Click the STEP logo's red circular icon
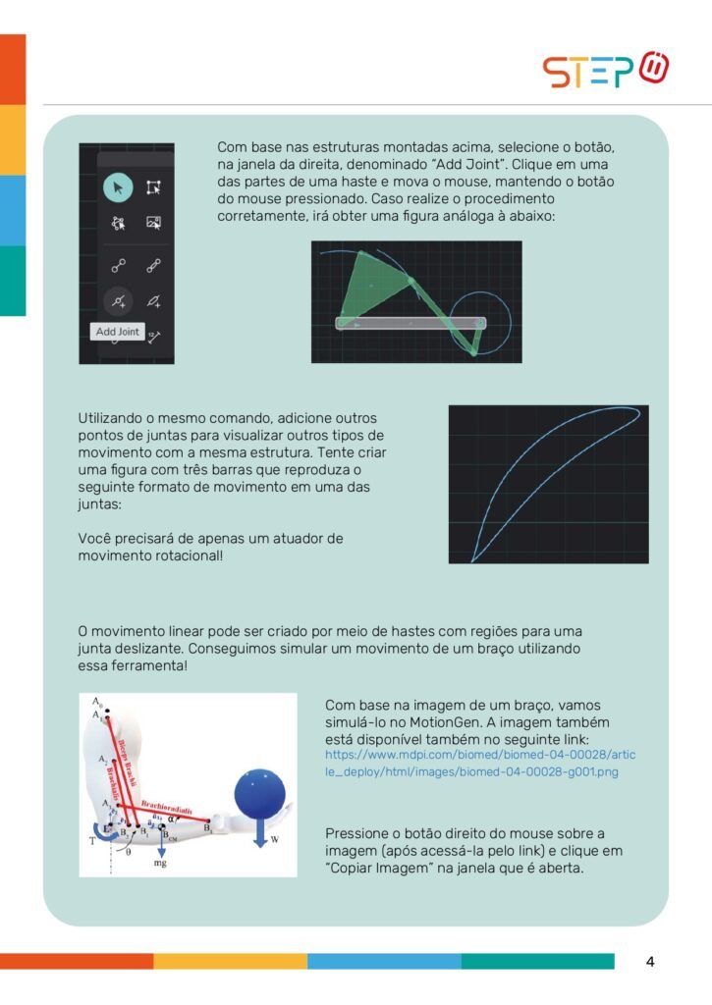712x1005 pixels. tap(654, 68)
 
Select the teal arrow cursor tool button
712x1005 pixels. tap(118, 186)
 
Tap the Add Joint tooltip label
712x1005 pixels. tap(118, 332)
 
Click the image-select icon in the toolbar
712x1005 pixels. tap(153, 223)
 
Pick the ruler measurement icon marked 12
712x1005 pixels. tap(153, 337)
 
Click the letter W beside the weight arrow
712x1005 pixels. tap(274, 839)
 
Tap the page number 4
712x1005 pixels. tap(650, 961)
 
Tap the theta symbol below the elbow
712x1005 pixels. tap(129, 853)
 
